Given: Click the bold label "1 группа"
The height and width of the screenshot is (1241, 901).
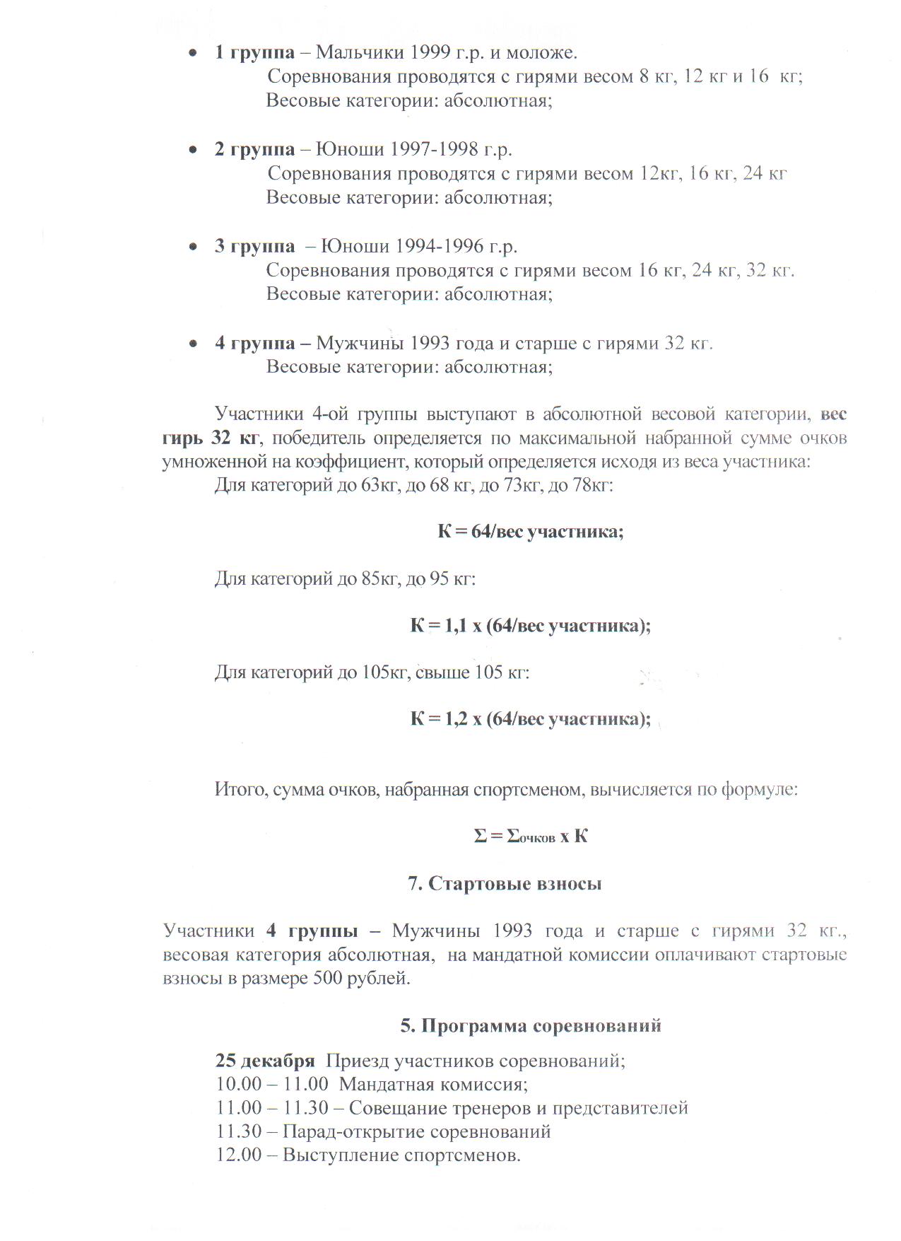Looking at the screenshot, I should (x=254, y=52).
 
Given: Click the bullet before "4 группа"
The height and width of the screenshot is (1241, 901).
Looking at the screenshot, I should (x=192, y=344).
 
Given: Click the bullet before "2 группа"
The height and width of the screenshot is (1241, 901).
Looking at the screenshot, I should (x=192, y=150).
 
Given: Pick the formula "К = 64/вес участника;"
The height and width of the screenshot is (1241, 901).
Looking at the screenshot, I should (x=530, y=532).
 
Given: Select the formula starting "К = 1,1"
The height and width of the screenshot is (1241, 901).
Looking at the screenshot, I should (x=530, y=626).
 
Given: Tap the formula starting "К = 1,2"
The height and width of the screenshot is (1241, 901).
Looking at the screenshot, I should (x=530, y=719).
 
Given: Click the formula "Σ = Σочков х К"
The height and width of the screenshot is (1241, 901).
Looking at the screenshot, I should (x=530, y=837).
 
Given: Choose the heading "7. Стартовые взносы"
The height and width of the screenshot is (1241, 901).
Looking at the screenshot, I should (x=505, y=884).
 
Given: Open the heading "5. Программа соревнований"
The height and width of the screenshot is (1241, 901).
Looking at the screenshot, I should (x=531, y=1025).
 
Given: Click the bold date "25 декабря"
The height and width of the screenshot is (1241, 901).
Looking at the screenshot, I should (x=265, y=1061).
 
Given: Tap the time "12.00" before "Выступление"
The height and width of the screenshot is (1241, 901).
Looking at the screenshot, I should (x=239, y=1155).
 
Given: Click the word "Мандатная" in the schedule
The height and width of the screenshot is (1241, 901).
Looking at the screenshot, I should (x=387, y=1085).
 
